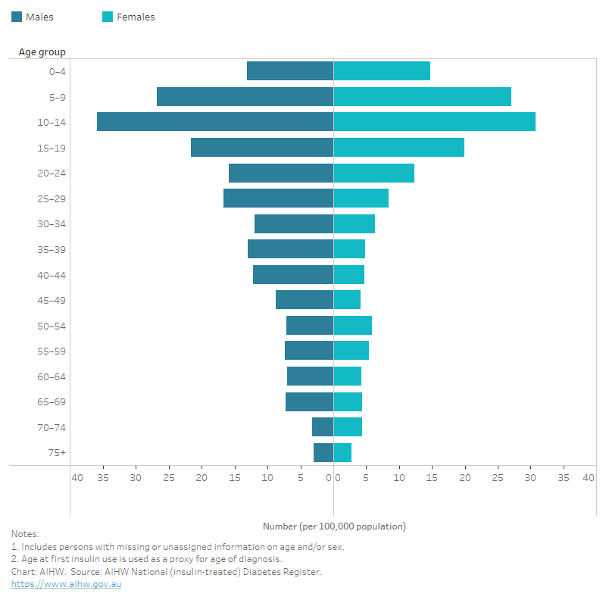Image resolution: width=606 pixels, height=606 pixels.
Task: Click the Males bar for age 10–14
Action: pyautogui.click(x=215, y=122)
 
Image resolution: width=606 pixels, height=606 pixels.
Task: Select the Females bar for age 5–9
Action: pyautogui.click(x=422, y=97)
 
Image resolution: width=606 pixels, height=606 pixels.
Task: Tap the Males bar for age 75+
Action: pyautogui.click(x=323, y=453)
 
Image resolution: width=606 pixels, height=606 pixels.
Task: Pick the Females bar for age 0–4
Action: pyautogui.click(x=382, y=71)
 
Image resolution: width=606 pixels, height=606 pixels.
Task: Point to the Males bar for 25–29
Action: pyautogui.click(x=278, y=198)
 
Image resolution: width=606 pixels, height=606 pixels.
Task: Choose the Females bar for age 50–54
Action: pyautogui.click(x=352, y=326)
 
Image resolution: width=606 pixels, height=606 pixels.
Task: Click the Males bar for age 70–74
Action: pyautogui.click(x=323, y=427)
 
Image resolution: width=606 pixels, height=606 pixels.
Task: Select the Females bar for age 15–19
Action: pyautogui.click(x=398, y=148)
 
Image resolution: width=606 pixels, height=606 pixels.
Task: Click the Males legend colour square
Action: pyautogui.click(x=17, y=17)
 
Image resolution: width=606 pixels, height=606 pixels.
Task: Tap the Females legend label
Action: pyautogui.click(x=136, y=17)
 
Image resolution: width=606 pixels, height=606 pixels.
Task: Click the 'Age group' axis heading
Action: pyautogui.click(x=42, y=52)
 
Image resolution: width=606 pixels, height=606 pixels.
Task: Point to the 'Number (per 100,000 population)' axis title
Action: pyautogui.click(x=334, y=526)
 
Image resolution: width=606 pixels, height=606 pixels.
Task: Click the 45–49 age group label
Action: pyautogui.click(x=52, y=300)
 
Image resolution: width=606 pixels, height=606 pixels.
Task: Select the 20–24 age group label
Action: pyautogui.click(x=52, y=173)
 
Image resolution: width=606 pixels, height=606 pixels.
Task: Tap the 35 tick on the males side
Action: pyautogui.click(x=103, y=478)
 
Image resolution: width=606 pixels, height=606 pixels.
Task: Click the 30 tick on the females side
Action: pyautogui.click(x=530, y=478)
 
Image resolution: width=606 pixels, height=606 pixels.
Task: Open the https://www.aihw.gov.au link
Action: pyautogui.click(x=66, y=584)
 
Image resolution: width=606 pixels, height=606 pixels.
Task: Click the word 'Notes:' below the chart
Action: pyautogui.click(x=25, y=534)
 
